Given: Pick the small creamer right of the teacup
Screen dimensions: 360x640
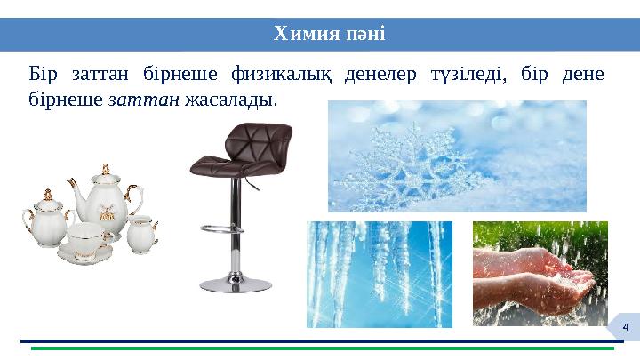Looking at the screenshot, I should pos(141,233).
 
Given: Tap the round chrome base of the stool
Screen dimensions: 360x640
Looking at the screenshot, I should pos(236,284).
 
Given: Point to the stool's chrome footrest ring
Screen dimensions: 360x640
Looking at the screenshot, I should pos(222,228).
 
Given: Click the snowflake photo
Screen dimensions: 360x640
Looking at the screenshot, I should pos(457,156).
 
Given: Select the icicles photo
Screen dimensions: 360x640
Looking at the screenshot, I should pos(379,274).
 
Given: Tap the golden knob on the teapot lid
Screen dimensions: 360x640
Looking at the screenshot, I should pos(105,169).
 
